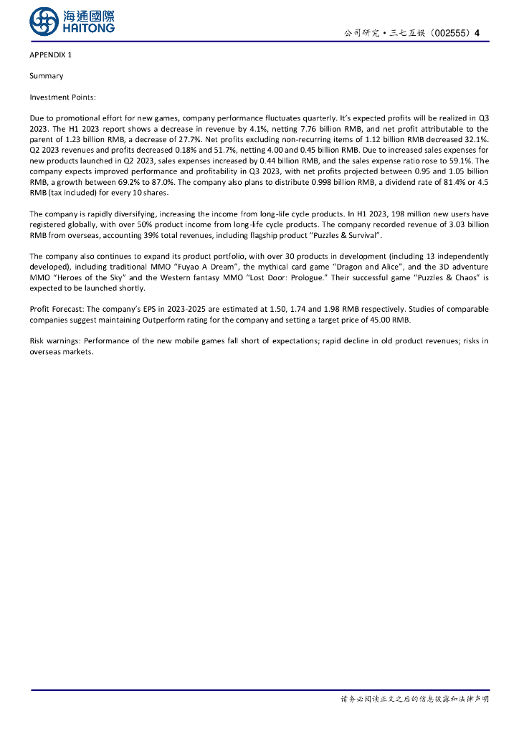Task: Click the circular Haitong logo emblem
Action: click(x=44, y=22)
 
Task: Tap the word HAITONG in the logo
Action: click(x=89, y=29)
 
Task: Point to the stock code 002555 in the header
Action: click(x=452, y=33)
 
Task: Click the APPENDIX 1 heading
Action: click(x=51, y=55)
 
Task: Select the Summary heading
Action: click(x=46, y=76)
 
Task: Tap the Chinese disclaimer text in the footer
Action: click(x=414, y=699)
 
